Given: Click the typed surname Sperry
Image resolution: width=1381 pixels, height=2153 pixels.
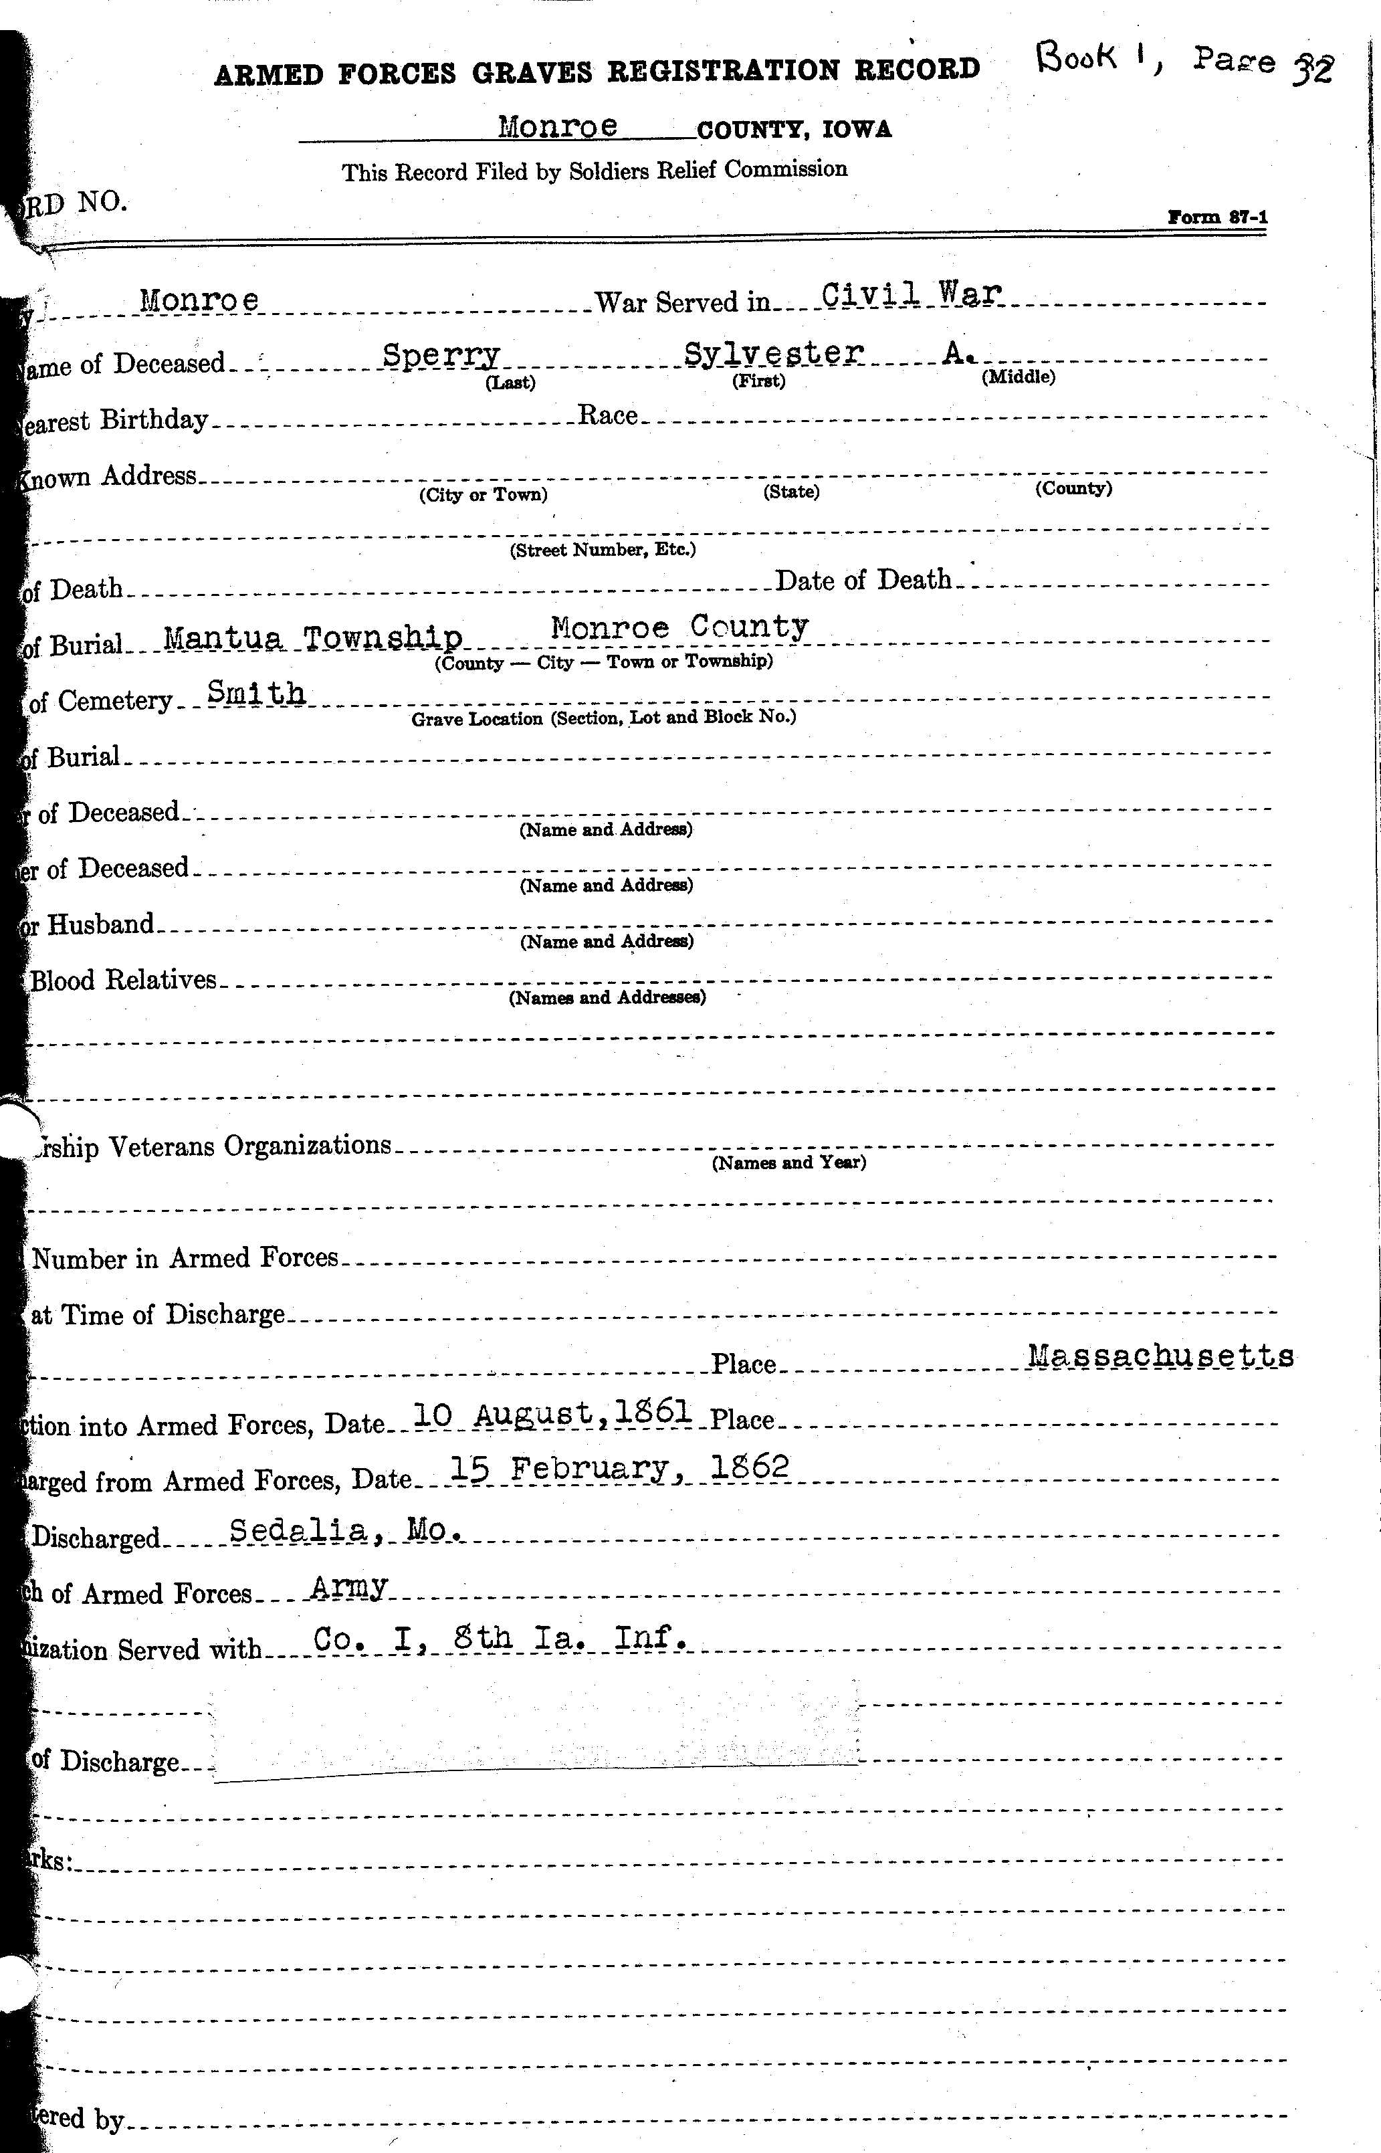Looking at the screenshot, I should (x=441, y=355).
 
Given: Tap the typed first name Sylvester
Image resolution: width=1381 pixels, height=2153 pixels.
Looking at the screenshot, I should (x=773, y=352).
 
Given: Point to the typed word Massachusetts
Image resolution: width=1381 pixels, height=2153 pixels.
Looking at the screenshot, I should (x=1160, y=1355).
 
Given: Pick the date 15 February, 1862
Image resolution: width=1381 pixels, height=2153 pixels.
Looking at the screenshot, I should (x=618, y=1468).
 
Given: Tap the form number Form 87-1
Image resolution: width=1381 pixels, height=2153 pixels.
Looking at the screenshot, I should (x=1217, y=217).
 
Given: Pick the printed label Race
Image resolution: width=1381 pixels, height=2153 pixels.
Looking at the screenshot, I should (x=607, y=415).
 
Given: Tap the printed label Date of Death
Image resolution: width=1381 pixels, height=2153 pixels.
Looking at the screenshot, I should (x=863, y=580).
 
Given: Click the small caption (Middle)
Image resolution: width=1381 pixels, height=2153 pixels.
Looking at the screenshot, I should (x=1018, y=377).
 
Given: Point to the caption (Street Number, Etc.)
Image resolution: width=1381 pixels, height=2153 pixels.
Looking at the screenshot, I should (x=603, y=550).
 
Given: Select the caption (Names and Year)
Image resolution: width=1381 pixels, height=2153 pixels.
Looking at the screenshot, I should (x=788, y=1163).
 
